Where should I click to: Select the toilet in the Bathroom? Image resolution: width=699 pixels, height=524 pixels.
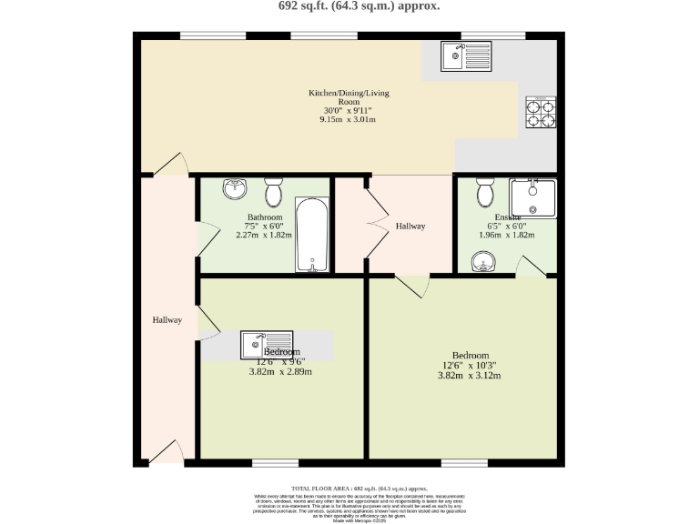273,192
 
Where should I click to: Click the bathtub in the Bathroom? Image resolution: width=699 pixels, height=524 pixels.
311,237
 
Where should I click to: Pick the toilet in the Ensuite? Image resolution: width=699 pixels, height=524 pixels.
485,192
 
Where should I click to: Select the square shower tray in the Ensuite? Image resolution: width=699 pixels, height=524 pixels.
532,198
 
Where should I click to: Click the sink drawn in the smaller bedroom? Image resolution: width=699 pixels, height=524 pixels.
255,345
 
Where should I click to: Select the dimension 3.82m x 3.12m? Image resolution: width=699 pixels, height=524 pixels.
470,376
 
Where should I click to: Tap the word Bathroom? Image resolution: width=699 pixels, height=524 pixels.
265,217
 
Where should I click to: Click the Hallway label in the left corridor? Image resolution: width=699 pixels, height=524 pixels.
167,320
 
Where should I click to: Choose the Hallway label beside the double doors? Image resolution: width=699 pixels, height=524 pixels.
410,226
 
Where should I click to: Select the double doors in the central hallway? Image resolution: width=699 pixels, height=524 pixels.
375,224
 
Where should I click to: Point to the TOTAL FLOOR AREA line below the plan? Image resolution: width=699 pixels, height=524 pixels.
349,489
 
